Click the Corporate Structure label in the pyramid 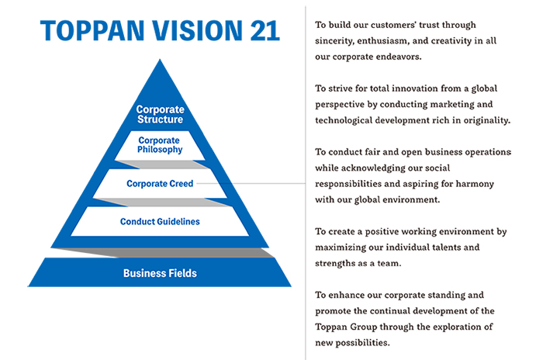pyautogui.click(x=160, y=115)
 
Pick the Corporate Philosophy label pyautogui.click(x=161, y=145)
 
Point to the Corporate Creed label pyautogui.click(x=160, y=184)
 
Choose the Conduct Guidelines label pyautogui.click(x=160, y=222)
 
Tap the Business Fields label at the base pyautogui.click(x=160, y=273)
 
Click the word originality pyautogui.click(x=485, y=120)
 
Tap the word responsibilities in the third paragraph pyautogui.click(x=354, y=184)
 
